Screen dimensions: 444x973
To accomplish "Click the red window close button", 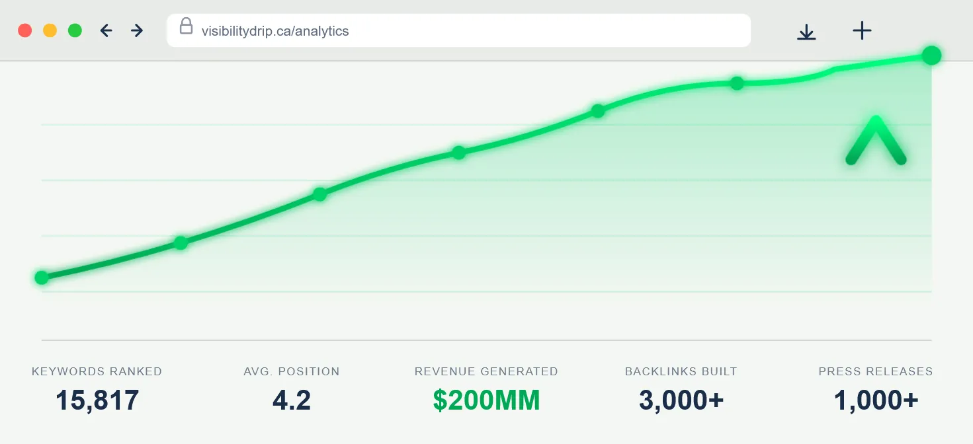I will click(25, 30).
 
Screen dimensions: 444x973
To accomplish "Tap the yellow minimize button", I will click(50, 30).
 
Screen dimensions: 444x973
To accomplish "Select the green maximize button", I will click(75, 30).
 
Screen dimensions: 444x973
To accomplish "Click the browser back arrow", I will click(106, 30).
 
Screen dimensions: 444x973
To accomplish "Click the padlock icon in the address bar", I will click(186, 26).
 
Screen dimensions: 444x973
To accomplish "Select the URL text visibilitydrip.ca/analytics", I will click(275, 31).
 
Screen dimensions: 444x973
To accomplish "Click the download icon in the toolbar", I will click(806, 31).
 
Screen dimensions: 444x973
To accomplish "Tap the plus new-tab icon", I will click(862, 30).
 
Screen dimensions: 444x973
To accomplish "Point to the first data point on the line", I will click(42, 277).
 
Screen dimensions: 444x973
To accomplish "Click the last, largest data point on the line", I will click(931, 55).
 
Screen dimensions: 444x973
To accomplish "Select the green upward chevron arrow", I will click(876, 141).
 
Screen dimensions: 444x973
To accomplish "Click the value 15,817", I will click(97, 400).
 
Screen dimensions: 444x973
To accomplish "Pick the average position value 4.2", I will click(291, 400).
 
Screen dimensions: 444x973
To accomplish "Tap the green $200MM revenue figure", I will click(486, 400).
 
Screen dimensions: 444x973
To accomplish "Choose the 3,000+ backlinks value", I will click(681, 400).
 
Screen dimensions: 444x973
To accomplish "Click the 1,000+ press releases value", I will click(876, 400).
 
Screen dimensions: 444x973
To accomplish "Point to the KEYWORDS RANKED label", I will click(97, 371).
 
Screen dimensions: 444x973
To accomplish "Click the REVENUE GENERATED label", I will click(486, 371).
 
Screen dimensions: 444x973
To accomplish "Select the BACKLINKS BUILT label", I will click(681, 371).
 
